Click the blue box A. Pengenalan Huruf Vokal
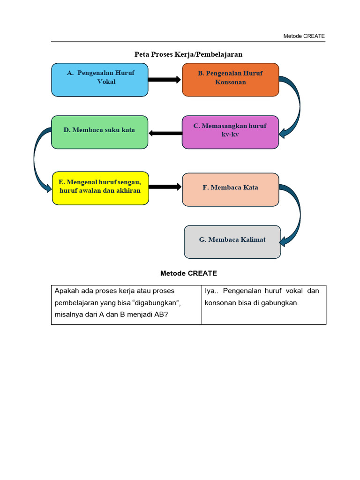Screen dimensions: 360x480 100,80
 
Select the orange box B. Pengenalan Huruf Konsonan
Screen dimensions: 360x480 231,80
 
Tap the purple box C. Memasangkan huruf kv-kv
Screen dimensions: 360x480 231,132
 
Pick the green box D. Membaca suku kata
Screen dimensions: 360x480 100,132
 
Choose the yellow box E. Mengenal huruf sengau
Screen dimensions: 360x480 100,188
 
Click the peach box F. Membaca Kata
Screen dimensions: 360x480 231,190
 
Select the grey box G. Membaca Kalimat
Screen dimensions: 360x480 232,242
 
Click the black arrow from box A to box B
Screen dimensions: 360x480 165,80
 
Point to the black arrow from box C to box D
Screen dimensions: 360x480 165,133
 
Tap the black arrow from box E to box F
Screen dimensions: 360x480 165,187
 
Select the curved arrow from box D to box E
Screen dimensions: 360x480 35,159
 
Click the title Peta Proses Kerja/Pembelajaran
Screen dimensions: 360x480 188,54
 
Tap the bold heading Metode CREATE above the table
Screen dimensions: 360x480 188,273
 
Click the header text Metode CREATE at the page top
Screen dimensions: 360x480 304,36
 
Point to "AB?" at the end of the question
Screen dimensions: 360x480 161,315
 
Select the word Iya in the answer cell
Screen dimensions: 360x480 210,291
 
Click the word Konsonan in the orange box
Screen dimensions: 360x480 231,82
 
